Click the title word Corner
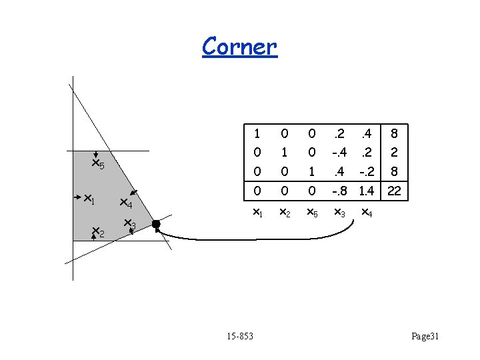[x=239, y=46]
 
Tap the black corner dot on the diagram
[x=156, y=225]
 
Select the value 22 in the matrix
[x=394, y=191]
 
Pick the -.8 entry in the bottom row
[x=340, y=191]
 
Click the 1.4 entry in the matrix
[x=367, y=191]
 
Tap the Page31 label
[x=425, y=336]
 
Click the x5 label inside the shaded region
[x=98, y=164]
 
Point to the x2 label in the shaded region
[x=98, y=232]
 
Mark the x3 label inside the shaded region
[x=130, y=225]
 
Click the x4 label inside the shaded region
[x=126, y=203]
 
